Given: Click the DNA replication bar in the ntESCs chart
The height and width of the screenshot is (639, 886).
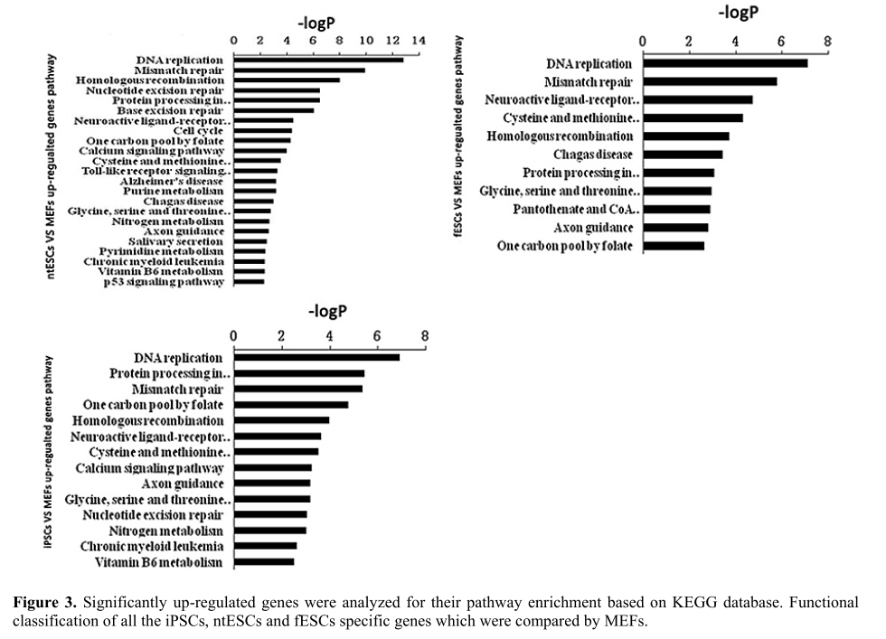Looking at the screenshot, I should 318,60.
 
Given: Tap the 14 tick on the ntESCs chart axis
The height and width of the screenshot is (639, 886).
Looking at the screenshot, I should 417,41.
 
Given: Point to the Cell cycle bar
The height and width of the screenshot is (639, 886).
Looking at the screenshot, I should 263,130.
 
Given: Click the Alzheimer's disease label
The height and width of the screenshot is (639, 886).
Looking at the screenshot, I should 172,181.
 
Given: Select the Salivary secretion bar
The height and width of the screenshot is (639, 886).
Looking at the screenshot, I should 250,241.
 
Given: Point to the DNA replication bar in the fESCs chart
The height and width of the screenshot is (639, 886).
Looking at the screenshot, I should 724,63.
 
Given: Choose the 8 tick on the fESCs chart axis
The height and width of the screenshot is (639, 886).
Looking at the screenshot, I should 827,42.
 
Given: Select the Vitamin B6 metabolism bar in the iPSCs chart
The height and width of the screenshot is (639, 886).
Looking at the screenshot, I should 264,562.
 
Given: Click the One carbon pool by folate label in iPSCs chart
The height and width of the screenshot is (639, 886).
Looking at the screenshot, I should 152,405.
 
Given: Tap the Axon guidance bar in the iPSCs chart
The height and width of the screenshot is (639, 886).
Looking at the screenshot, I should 272,484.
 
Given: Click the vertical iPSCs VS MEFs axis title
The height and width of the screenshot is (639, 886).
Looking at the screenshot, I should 48,451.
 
